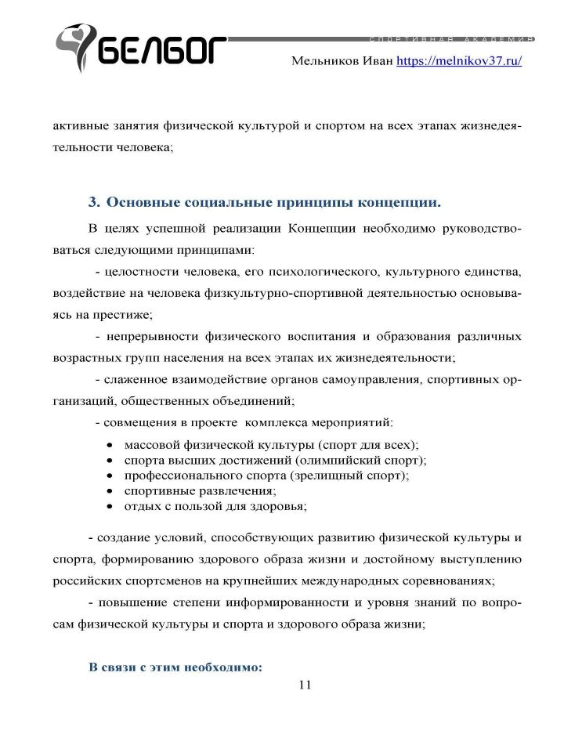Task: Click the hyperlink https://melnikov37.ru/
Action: click(459, 60)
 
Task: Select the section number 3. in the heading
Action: click(94, 202)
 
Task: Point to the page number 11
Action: click(305, 685)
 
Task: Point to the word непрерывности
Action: click(152, 338)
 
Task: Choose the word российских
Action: click(85, 582)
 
